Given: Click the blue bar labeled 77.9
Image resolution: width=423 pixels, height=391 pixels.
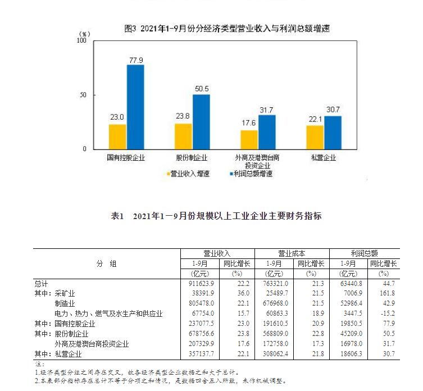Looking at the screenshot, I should tap(135, 107).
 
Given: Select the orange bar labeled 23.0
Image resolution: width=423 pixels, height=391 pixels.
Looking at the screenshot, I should tap(117, 137).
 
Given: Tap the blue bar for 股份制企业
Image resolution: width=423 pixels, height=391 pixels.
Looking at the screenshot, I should tap(201, 122).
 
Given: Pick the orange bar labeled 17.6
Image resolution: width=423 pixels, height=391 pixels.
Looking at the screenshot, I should tap(249, 139).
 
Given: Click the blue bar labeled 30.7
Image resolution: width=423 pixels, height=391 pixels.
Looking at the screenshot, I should tap(333, 133).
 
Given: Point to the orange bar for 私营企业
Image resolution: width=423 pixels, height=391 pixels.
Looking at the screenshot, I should tap(315, 137).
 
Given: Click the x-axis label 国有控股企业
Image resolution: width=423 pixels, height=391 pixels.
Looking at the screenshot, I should tap(126, 158).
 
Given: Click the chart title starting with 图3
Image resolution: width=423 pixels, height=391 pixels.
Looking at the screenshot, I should tap(226, 29).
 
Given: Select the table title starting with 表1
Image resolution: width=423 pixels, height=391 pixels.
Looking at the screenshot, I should tap(217, 216).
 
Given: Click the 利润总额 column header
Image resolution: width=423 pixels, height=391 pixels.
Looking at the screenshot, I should tap(364, 253).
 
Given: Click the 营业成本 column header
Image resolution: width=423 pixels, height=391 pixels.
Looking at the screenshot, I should tap(292, 253).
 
